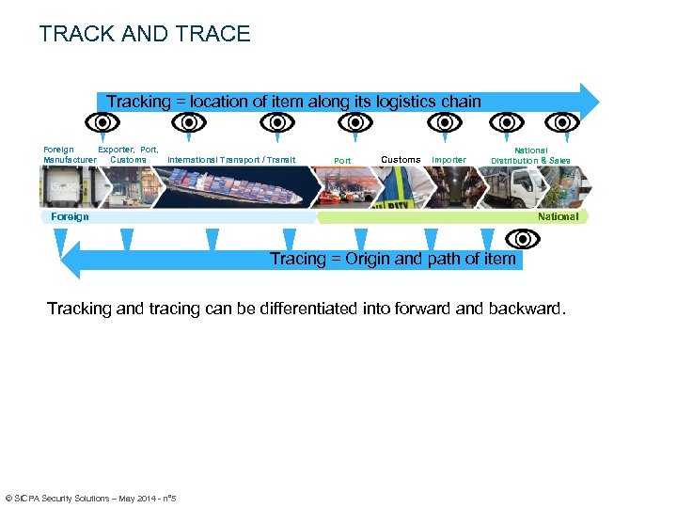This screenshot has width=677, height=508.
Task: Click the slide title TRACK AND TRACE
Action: pyautogui.click(x=145, y=35)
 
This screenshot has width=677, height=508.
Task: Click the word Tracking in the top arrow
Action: pyautogui.click(x=138, y=102)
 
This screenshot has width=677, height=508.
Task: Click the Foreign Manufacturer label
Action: pyautogui.click(x=69, y=154)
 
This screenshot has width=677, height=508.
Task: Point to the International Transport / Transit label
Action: pyautogui.click(x=231, y=160)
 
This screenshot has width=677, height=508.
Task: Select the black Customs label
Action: pyautogui.click(x=401, y=160)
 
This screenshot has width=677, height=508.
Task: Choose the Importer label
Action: pyautogui.click(x=449, y=160)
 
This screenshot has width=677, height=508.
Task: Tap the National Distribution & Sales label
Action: pyautogui.click(x=530, y=155)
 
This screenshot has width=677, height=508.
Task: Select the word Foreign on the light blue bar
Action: pyautogui.click(x=70, y=216)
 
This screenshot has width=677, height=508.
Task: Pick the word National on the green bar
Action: pyautogui.click(x=558, y=216)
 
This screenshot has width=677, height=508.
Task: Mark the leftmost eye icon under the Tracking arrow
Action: pyautogui.click(x=102, y=123)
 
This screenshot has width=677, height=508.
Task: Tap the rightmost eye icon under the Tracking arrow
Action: pyautogui.click(x=563, y=123)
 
